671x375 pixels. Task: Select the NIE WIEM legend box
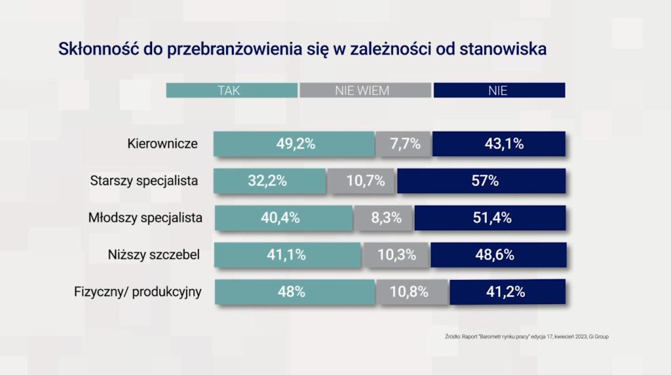tap(365, 90)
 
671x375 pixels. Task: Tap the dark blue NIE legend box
tap(499, 90)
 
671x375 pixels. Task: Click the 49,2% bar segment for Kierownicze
tap(294, 144)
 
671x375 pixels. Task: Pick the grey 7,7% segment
tap(404, 144)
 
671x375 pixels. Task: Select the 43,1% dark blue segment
tap(499, 144)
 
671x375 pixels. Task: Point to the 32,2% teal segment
tap(270, 181)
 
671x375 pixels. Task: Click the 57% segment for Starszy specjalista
tap(482, 181)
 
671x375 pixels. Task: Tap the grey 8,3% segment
tap(385, 218)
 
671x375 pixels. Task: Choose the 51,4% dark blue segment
tap(490, 218)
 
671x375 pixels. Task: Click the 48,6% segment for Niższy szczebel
tap(498, 255)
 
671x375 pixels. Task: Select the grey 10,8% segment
tap(413, 292)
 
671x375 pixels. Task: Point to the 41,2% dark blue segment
tap(507, 292)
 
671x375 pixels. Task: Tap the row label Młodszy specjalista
tap(145, 218)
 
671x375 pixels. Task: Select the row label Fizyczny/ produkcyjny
tap(138, 292)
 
